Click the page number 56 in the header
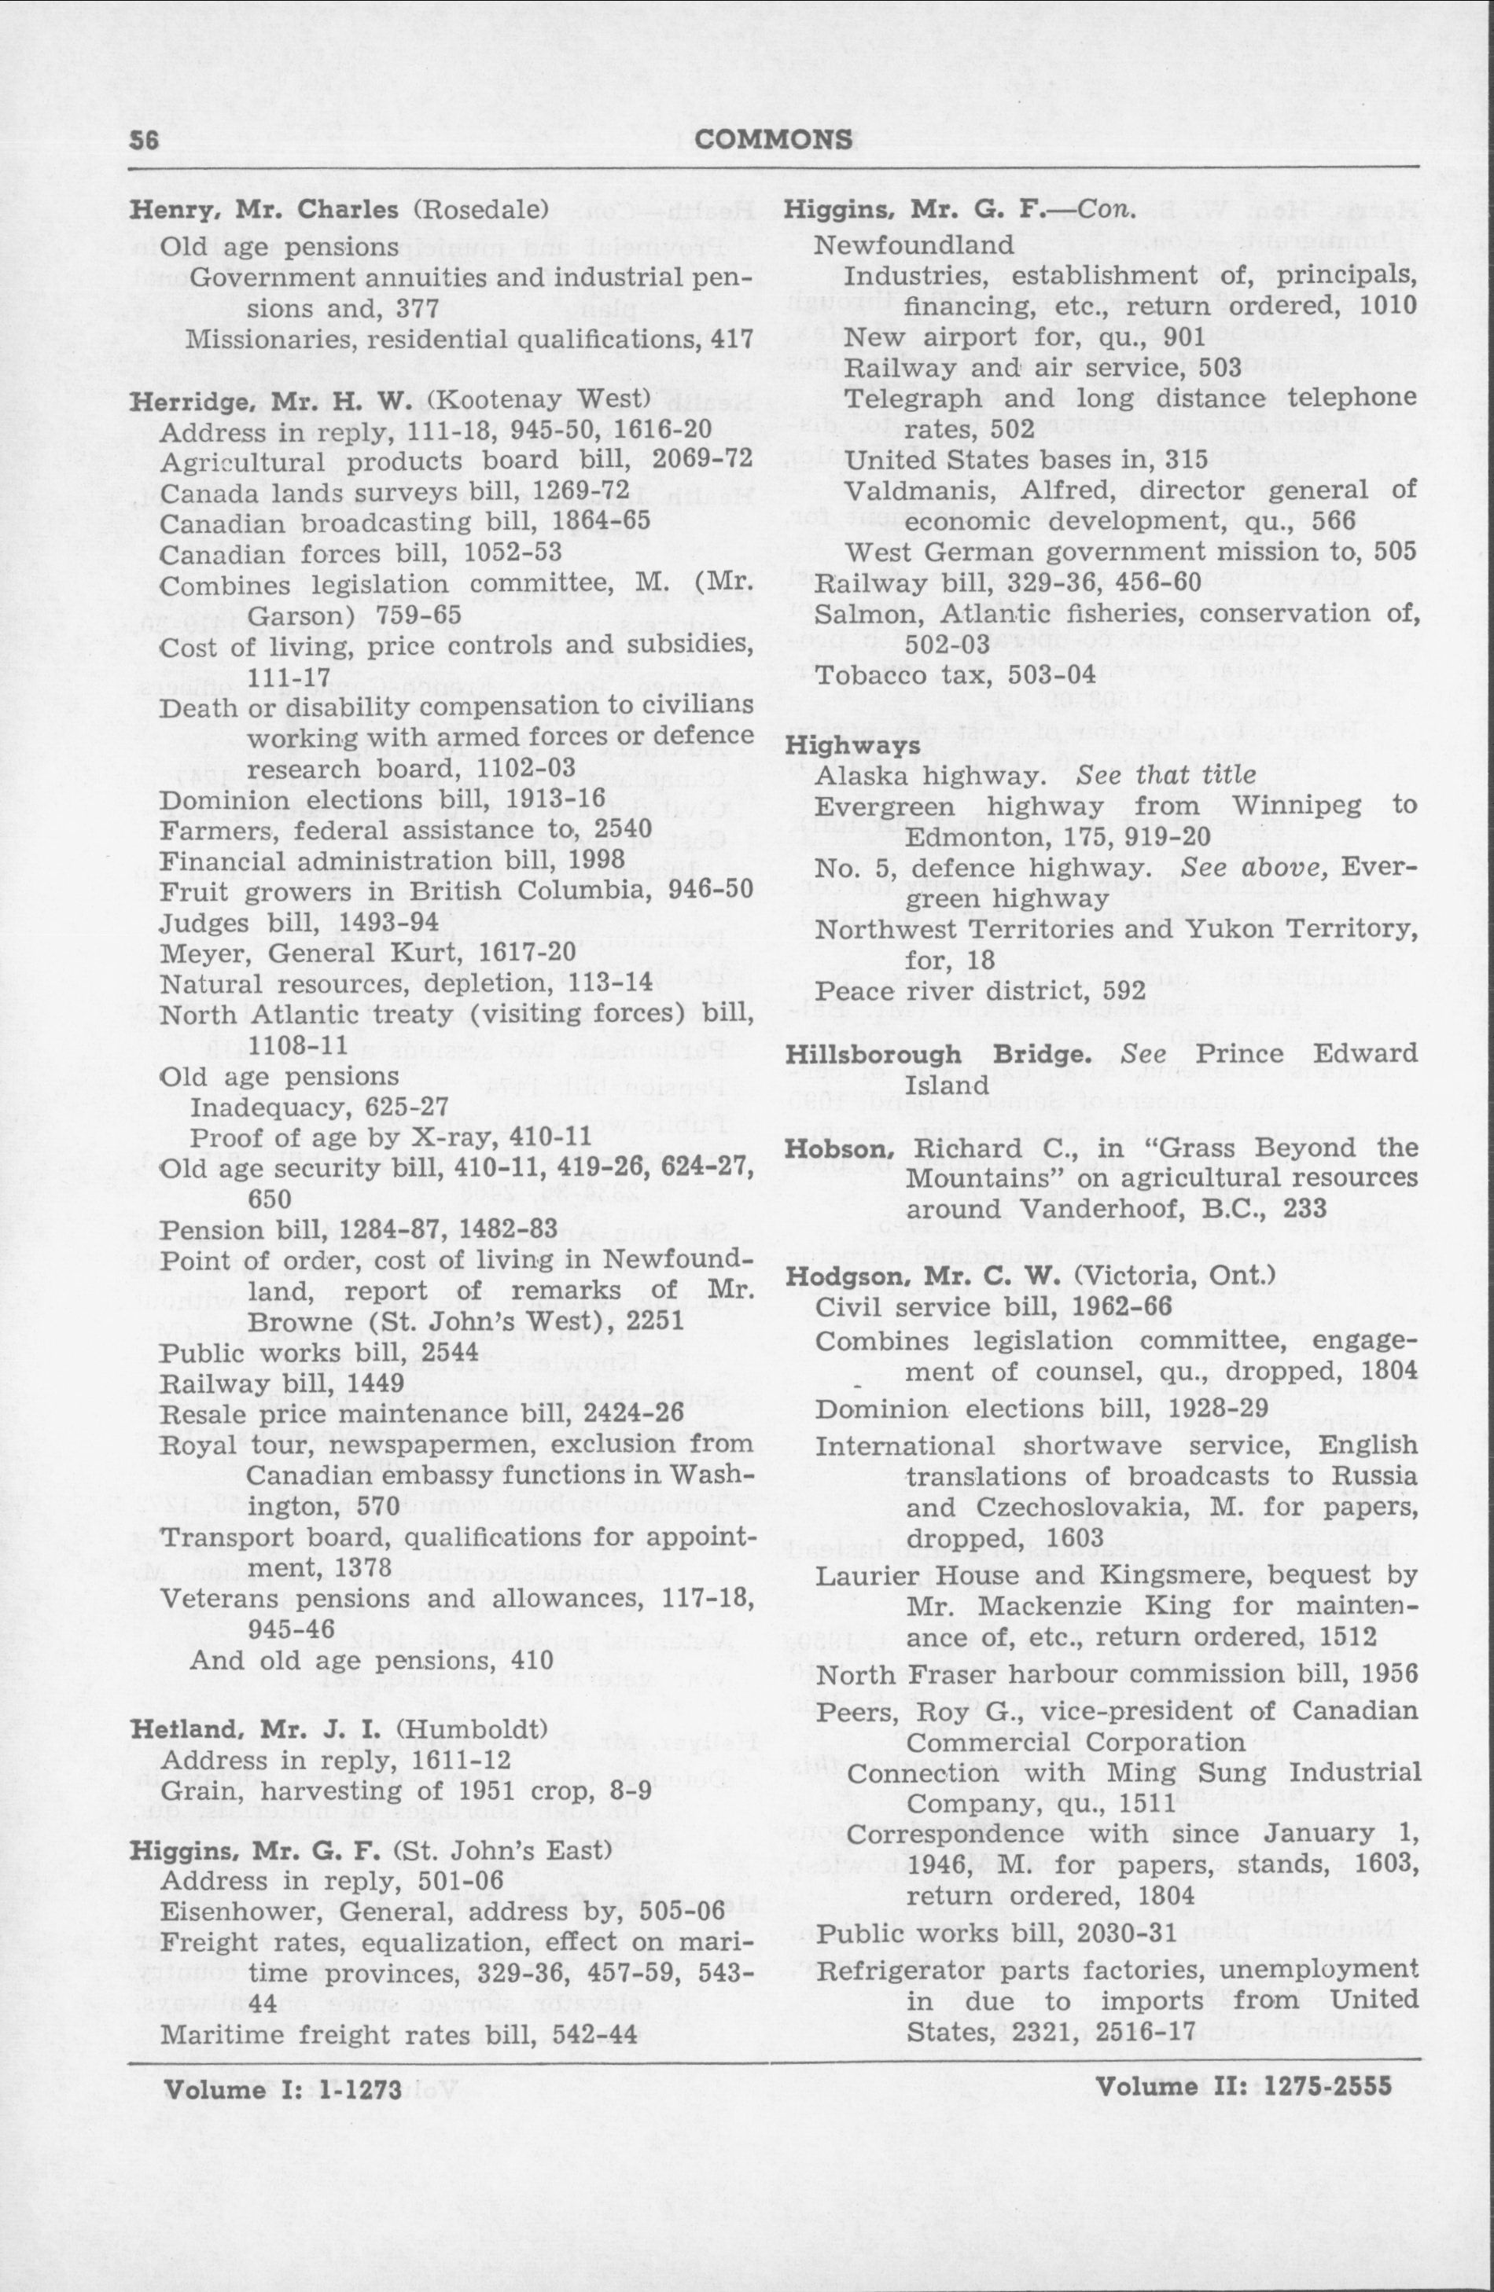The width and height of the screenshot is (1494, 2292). tap(145, 141)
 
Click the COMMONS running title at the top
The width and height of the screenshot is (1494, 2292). tap(774, 141)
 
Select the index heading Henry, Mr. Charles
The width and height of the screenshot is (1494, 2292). tap(264, 210)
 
